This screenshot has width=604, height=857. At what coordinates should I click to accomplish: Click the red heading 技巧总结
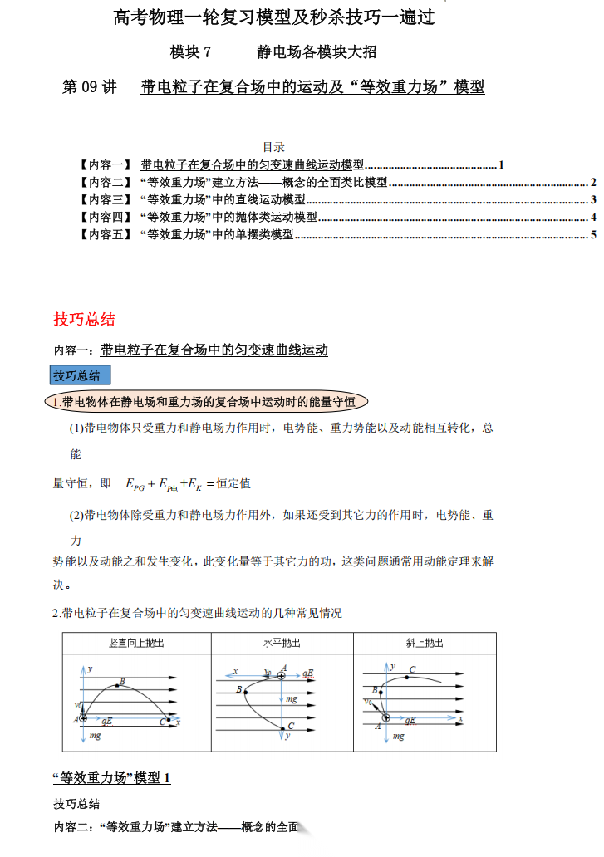point(84,320)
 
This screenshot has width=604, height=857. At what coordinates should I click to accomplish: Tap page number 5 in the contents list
point(594,235)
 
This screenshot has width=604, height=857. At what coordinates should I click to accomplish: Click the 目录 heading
point(274,147)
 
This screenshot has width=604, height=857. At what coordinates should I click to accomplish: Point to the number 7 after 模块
point(208,52)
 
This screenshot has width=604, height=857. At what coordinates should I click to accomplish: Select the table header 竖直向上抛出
point(136,643)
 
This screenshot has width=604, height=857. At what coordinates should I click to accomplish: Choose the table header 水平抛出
point(282,643)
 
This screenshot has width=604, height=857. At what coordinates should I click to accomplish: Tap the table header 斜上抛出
point(425,643)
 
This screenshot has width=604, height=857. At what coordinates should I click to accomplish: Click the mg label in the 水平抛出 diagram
point(292,699)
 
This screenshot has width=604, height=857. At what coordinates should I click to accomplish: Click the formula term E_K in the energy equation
point(193,483)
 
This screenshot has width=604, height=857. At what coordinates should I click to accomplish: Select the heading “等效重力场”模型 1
point(112,778)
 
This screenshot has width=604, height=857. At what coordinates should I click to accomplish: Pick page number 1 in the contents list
point(502,164)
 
